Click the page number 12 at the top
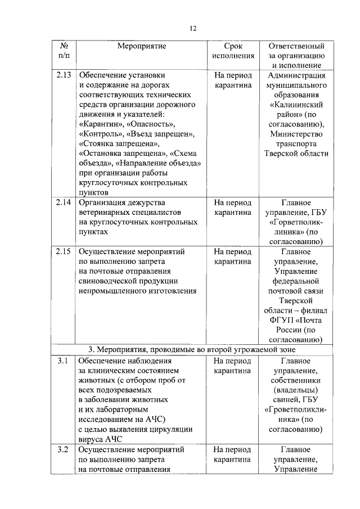click(x=193, y=29)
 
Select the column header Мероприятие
click(x=142, y=46)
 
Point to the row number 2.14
click(x=64, y=202)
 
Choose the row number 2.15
click(x=64, y=251)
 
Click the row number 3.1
click(x=62, y=361)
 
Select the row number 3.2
click(x=62, y=449)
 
